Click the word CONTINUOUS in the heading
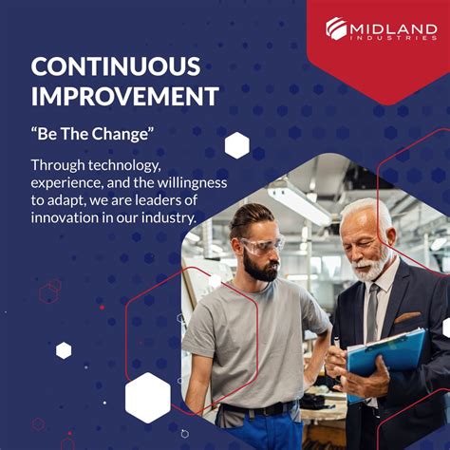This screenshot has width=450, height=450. [116, 66]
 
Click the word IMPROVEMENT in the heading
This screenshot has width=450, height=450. [125, 96]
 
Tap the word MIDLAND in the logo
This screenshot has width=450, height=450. [393, 28]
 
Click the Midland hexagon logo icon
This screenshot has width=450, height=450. [337, 29]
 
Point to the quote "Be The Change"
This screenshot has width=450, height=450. [91, 134]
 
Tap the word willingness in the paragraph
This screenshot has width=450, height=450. [187, 182]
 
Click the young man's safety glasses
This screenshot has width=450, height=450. [263, 247]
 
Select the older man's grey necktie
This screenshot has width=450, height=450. [373, 313]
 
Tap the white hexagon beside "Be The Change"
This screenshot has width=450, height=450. [236, 145]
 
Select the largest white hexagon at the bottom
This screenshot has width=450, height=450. [147, 397]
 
